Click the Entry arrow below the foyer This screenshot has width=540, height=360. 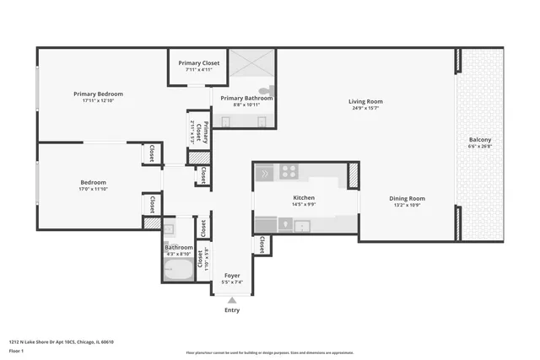[x=231, y=299]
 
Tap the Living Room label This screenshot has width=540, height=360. [x=365, y=102]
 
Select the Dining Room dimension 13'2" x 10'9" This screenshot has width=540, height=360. [x=407, y=205]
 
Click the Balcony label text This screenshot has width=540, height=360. [x=480, y=139]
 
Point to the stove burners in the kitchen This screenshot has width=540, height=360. [x=289, y=171]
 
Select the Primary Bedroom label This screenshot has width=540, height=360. [x=98, y=94]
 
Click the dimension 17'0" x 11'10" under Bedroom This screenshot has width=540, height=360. [x=93, y=189]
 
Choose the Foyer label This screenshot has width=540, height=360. [x=231, y=275]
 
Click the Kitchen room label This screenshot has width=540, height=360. [x=303, y=197]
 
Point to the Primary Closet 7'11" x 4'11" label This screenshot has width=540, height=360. [x=199, y=69]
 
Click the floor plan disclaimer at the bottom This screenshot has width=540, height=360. [x=269, y=352]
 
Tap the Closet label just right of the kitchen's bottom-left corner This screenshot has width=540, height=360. [x=262, y=244]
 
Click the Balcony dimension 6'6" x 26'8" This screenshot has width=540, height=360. [x=480, y=147]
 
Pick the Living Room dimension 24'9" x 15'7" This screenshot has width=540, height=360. [x=365, y=109]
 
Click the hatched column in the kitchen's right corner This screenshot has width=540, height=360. [x=354, y=175]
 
